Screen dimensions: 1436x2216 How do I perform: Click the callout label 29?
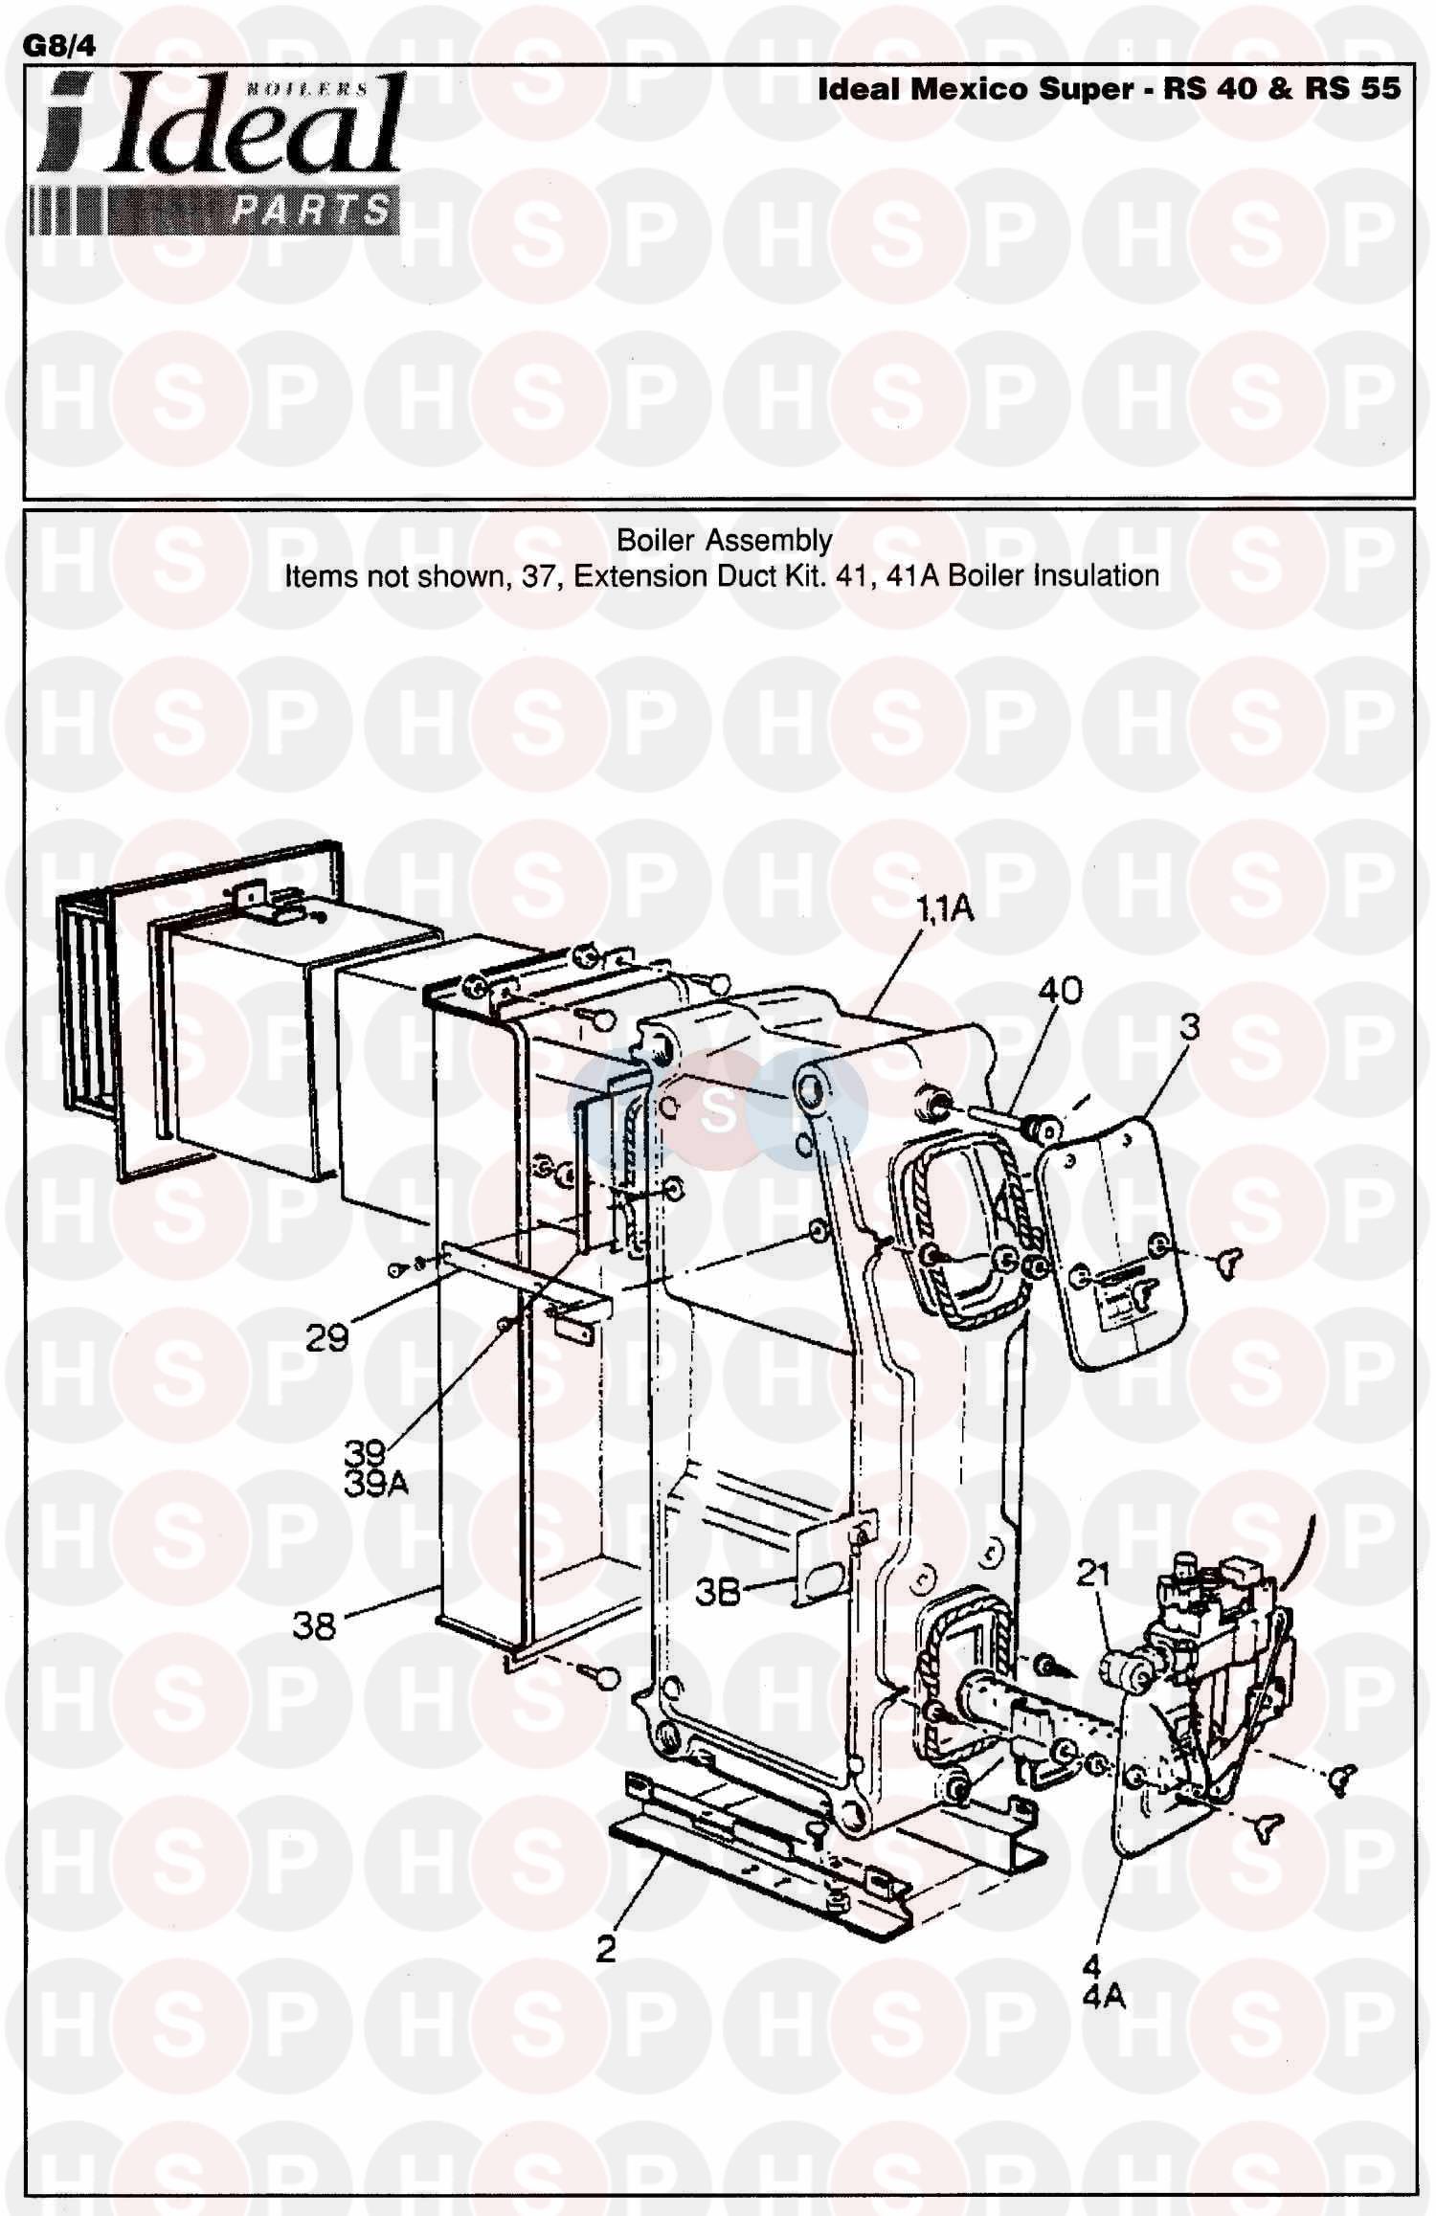(326, 1337)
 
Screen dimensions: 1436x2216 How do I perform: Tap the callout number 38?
(315, 1625)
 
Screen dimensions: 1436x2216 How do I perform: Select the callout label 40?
(1060, 990)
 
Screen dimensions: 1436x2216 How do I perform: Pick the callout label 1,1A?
(945, 907)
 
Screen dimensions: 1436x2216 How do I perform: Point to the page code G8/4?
(58, 46)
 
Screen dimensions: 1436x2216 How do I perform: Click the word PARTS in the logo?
(312, 210)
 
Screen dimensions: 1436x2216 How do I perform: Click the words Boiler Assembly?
(724, 540)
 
